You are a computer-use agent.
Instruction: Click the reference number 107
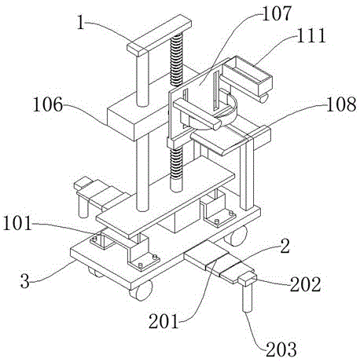(277, 14)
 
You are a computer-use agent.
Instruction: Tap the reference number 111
(311, 35)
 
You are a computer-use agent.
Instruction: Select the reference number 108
(341, 104)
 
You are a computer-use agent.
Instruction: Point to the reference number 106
(48, 104)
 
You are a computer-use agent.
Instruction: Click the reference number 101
(17, 223)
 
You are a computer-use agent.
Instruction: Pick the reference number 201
(163, 321)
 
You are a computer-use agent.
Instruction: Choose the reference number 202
(306, 284)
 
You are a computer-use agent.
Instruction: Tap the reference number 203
(281, 349)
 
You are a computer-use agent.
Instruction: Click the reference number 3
(25, 281)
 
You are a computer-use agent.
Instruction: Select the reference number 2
(285, 246)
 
